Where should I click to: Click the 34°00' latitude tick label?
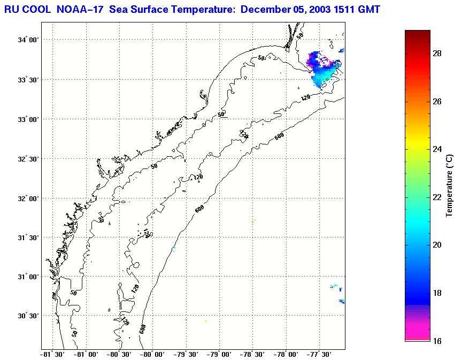tap(27, 40)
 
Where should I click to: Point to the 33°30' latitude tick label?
tap(27, 80)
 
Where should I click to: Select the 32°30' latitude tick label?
tap(27, 159)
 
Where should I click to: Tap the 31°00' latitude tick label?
tap(27, 277)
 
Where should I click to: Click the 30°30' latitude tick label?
tap(27, 316)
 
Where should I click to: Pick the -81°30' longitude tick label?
tap(53, 354)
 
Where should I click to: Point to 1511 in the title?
tap(349, 9)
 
